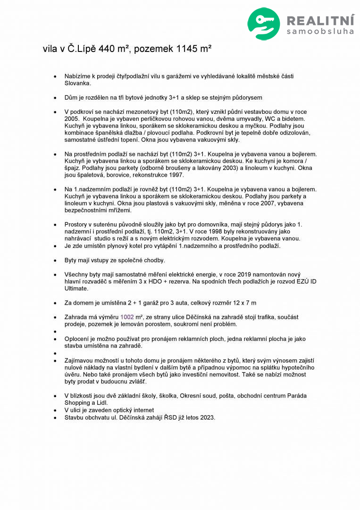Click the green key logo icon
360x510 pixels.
coord(264,23)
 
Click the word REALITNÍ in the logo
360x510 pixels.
coord(320,20)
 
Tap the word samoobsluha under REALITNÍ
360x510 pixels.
coord(320,32)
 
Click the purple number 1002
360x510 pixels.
coord(127,317)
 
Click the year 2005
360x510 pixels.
coord(72,119)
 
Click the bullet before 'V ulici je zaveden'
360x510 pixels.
coord(56,410)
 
